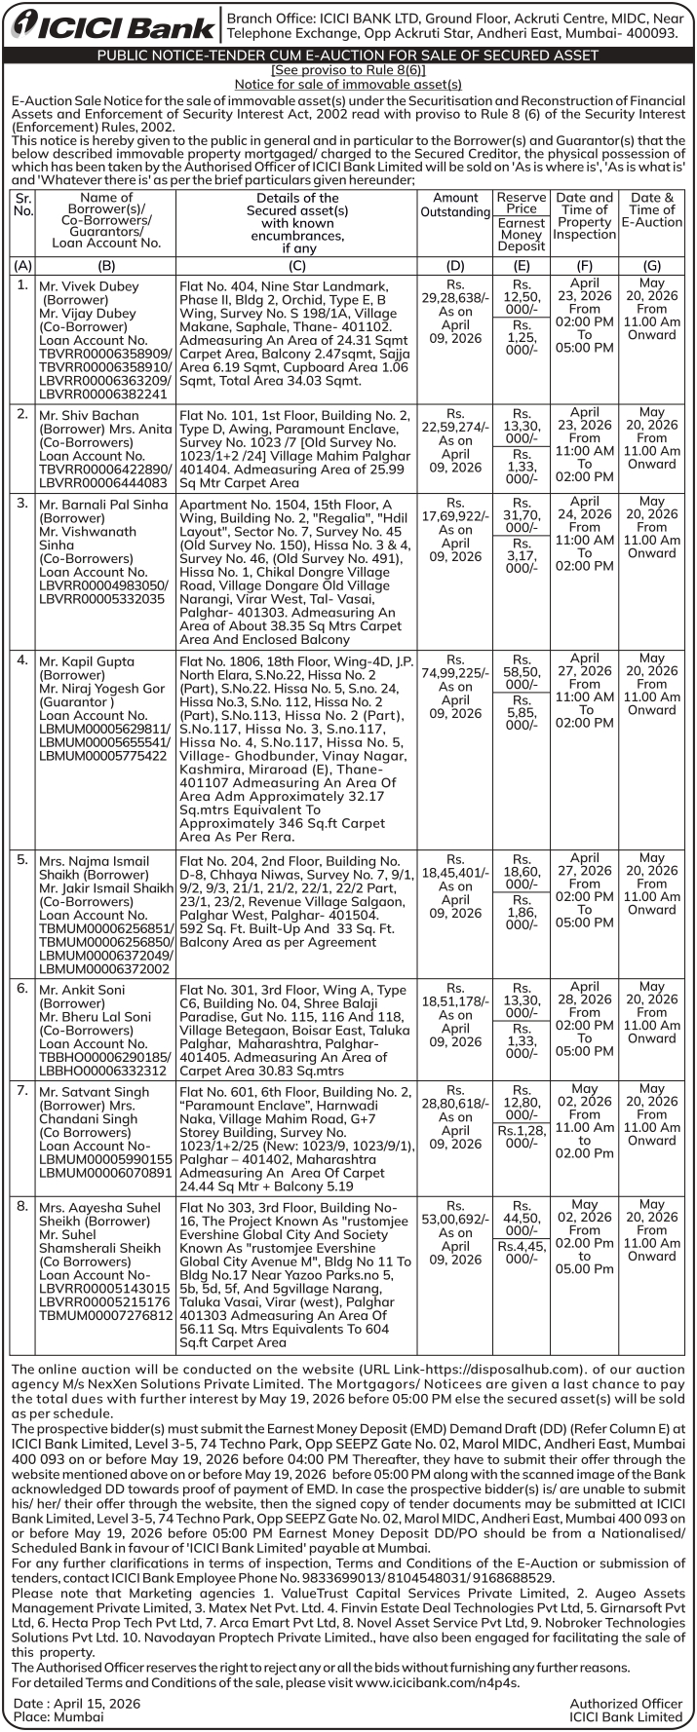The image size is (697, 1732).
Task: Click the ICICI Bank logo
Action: pyautogui.click(x=112, y=26)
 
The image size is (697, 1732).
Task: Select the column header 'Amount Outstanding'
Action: pyautogui.click(x=455, y=206)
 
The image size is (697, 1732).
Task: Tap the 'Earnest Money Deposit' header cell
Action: pyautogui.click(x=522, y=235)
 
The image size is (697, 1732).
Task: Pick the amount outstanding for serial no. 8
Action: pyautogui.click(x=455, y=1219)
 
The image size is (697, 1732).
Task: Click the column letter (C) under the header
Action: pyautogui.click(x=297, y=265)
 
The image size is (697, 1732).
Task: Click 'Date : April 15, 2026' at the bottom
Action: pyautogui.click(x=77, y=1703)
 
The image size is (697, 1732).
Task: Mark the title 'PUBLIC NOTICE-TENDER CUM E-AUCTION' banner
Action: pyautogui.click(x=348, y=56)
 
